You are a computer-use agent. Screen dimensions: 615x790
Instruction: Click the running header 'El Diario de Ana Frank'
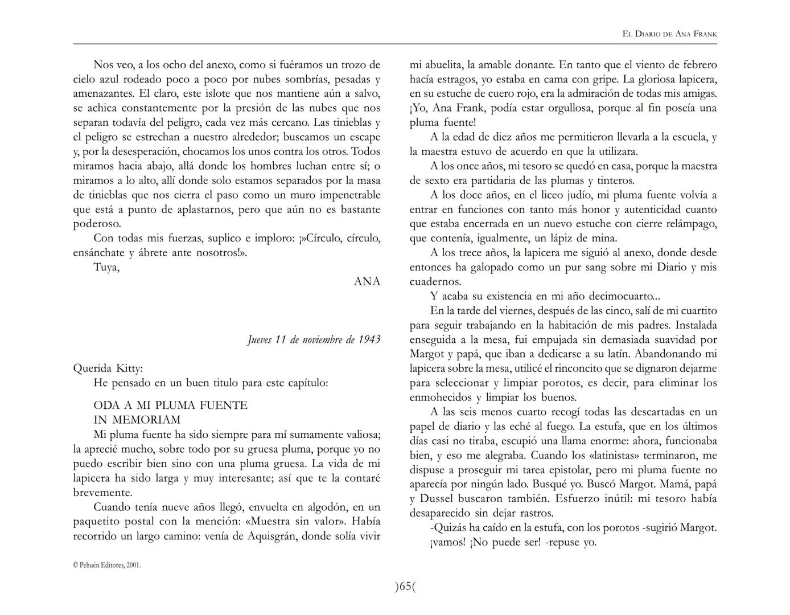669,34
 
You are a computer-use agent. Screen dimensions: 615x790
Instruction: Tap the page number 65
405,586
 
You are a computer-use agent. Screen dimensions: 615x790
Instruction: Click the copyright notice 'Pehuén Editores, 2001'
107,565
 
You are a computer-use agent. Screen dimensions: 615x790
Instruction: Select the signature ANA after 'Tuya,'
367,281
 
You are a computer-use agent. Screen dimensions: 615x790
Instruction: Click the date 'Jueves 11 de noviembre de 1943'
314,340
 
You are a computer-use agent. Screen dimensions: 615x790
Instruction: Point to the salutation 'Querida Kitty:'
108,368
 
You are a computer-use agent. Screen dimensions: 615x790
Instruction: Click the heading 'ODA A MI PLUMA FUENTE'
170,405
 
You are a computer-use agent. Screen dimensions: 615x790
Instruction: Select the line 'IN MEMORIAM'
137,420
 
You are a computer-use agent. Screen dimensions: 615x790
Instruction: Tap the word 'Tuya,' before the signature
106,267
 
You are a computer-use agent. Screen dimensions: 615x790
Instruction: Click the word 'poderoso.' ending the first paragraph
97,224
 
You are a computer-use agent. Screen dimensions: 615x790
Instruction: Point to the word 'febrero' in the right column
697,65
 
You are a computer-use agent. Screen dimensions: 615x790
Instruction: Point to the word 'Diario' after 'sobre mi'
672,267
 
